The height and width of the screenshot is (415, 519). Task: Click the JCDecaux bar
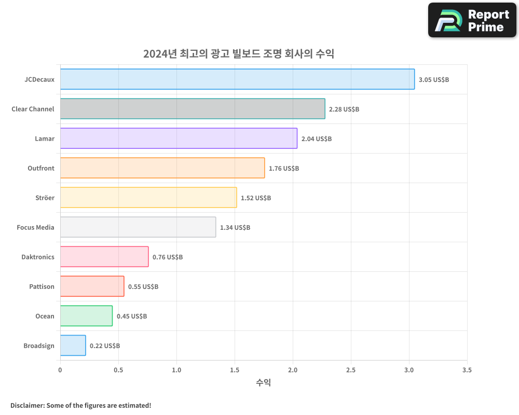237,79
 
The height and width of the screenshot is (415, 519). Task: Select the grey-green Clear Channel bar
193,109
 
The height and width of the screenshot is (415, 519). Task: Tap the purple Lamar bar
179,139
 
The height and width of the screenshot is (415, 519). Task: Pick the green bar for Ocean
86,316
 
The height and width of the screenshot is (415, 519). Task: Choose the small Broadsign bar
73,345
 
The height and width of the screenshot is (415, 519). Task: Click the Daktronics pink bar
104,257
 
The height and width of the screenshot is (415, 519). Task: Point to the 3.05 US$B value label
433,80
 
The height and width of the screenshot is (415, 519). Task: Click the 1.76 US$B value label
283,169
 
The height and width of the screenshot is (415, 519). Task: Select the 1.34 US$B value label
235,228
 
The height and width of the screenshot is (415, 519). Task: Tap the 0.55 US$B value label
143,287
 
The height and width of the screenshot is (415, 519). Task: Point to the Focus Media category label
35,227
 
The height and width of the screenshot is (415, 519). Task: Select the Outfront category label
40,168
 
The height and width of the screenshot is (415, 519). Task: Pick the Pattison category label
42,286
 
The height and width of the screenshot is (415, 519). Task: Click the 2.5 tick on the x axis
351,370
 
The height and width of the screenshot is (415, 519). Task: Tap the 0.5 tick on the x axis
118,370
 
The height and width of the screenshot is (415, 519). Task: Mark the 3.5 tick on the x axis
467,370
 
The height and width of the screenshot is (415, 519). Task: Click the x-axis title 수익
263,383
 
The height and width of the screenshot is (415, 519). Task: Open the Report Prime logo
472,20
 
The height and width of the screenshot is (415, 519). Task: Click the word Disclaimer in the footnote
26,406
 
